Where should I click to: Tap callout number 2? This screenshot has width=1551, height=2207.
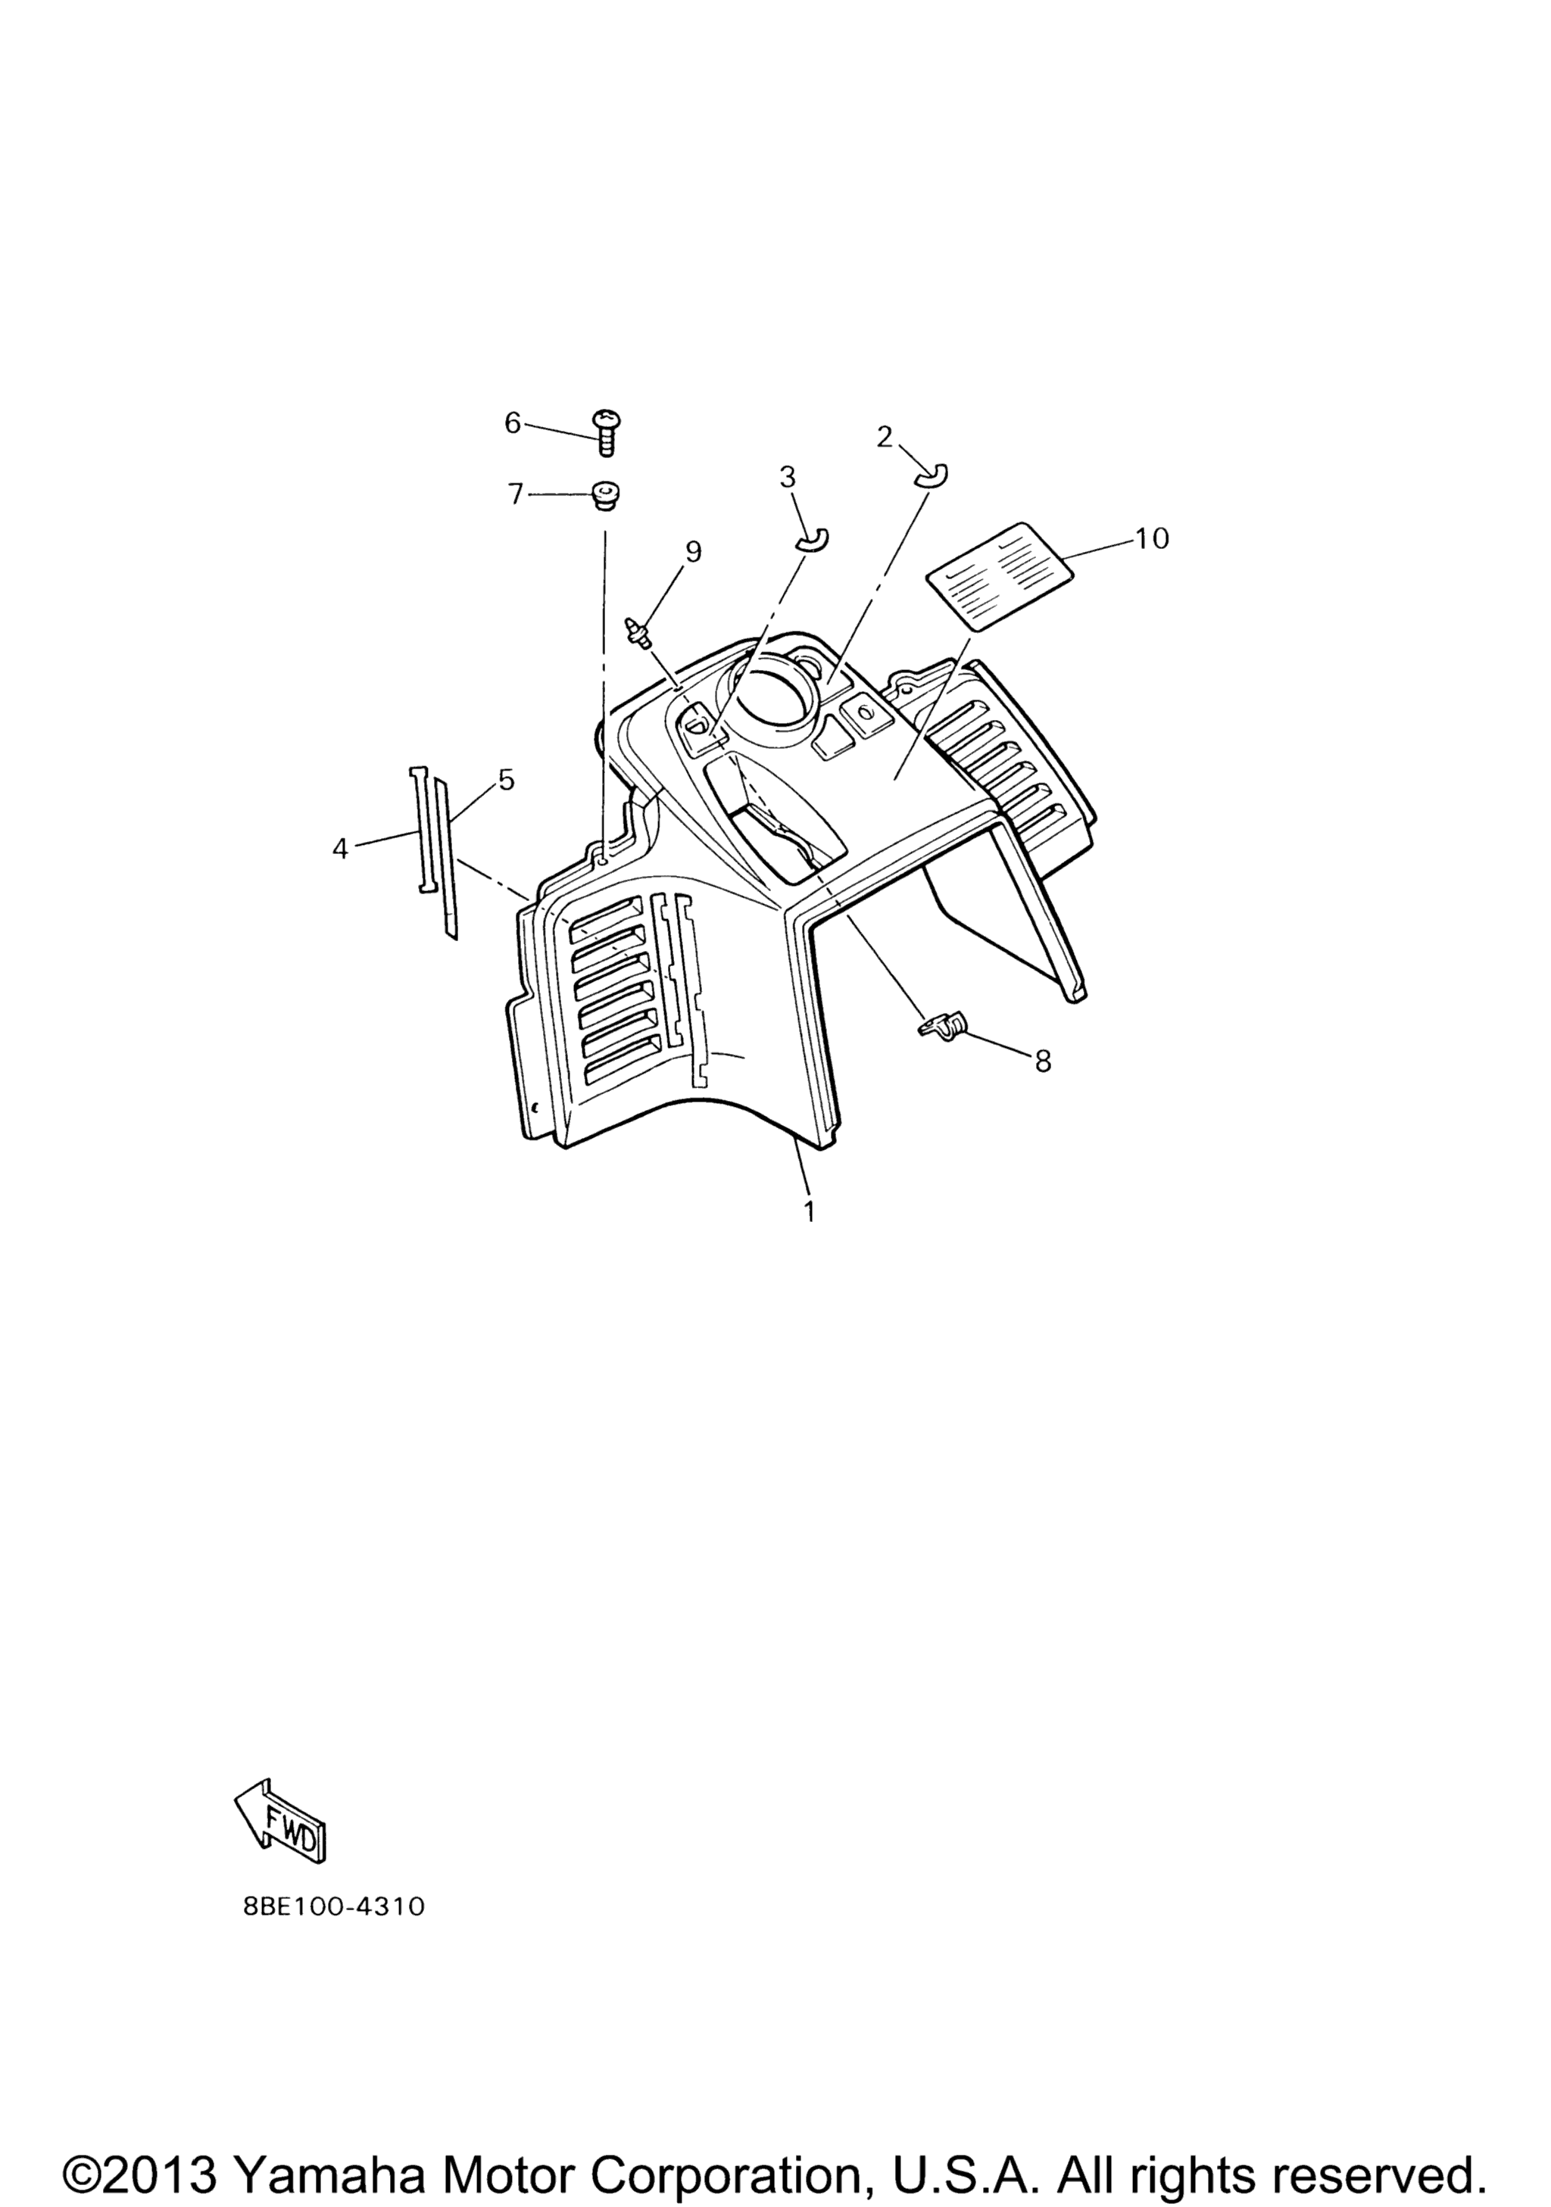pos(885,438)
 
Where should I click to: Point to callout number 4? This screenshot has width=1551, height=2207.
pos(340,849)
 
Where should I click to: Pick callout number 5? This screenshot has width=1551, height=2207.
pos(507,780)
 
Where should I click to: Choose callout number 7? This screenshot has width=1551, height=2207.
pos(516,494)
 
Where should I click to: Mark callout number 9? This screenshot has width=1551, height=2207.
pos(693,552)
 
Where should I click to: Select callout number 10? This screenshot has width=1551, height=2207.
pos(1152,538)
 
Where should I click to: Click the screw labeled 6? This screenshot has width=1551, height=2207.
pos(606,432)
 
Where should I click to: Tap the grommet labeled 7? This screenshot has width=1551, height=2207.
pos(606,495)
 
